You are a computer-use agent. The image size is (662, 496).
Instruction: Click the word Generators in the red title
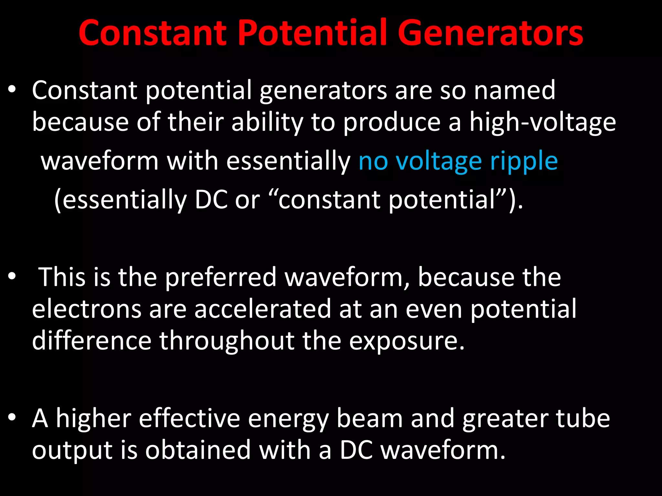490,33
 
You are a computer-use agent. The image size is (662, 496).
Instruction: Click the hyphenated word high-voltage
543,123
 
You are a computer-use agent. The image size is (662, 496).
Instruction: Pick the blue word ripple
524,161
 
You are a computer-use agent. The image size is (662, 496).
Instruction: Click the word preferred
221,277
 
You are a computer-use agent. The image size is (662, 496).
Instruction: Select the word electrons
87,309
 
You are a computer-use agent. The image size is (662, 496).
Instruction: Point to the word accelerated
263,309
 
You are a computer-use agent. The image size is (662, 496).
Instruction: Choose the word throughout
227,341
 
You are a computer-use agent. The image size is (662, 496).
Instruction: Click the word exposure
406,341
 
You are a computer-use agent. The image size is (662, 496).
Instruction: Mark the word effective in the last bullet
189,418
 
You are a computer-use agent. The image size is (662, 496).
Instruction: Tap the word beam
370,418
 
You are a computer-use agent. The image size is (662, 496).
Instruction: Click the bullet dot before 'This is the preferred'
12,276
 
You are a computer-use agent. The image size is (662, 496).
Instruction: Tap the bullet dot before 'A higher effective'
12,417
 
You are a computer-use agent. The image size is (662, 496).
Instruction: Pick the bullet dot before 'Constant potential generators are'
12,89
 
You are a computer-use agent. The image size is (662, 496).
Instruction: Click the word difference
91,341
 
